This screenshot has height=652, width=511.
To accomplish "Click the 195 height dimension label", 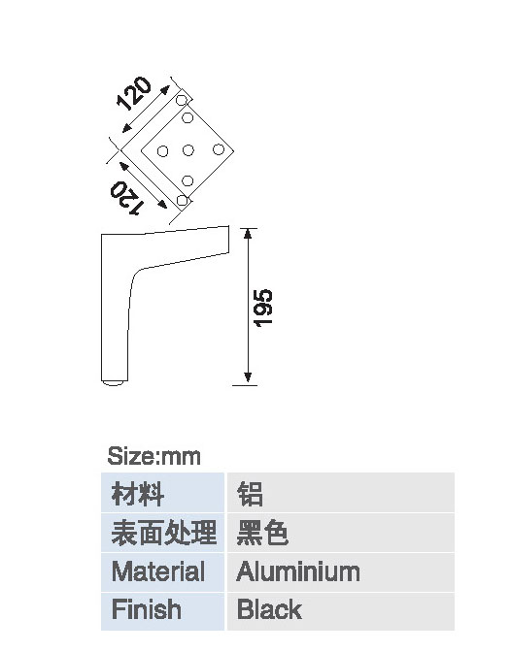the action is [x=263, y=309].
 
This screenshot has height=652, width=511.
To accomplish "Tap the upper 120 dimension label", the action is [x=134, y=93].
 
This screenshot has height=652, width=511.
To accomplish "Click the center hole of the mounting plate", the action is [x=188, y=150].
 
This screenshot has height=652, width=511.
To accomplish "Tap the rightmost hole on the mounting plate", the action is [x=219, y=149].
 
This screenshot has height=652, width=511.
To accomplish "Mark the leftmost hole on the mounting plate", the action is [x=162, y=151].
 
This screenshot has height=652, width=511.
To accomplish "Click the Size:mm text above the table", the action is [x=154, y=456].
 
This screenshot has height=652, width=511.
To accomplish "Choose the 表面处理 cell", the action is [x=163, y=533].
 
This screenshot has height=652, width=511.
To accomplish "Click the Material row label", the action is [x=158, y=571].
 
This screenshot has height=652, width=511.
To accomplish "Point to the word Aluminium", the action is [x=298, y=571].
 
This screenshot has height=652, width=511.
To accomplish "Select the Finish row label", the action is [x=146, y=609].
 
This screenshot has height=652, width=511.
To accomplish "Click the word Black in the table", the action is [x=269, y=609].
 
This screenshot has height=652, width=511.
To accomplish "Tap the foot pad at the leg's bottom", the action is [x=114, y=383].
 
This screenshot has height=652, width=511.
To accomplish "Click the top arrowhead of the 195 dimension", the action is [x=248, y=234].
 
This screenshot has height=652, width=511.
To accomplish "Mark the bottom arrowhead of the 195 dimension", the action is [x=248, y=376].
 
